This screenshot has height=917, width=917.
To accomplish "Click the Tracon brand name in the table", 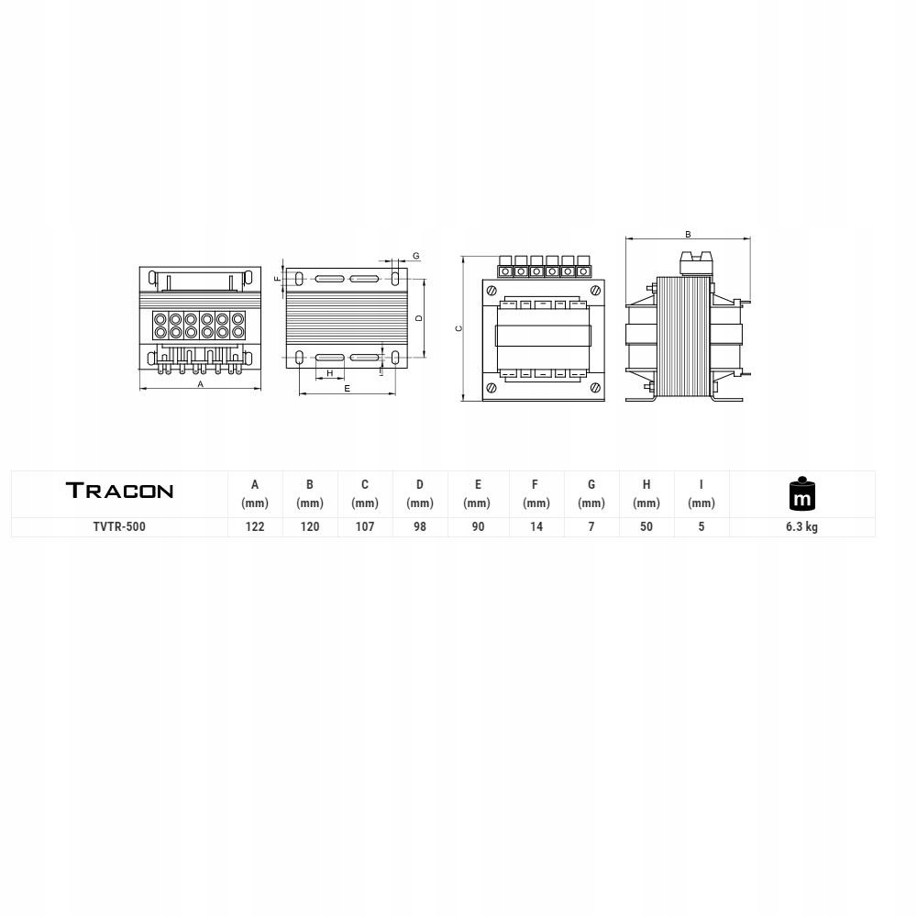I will [119, 491].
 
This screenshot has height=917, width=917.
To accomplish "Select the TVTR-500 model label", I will [119, 527].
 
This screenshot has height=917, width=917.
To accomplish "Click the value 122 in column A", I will [255, 527].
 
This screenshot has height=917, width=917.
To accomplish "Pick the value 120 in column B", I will [310, 527].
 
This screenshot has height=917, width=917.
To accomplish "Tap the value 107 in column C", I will [365, 527].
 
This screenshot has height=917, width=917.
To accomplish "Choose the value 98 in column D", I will [420, 527].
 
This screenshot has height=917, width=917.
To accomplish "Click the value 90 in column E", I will [478, 527].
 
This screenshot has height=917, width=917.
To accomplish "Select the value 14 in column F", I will [536, 527].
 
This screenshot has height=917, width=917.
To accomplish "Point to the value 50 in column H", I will [646, 527].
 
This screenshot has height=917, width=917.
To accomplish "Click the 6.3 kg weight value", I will [801, 527].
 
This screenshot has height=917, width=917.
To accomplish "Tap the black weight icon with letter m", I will [801, 494].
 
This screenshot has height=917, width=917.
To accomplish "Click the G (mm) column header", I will [591, 493].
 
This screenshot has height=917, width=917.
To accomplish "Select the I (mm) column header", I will [702, 493].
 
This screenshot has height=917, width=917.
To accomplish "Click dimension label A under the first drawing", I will [201, 384].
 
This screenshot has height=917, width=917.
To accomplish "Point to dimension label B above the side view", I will [688, 235].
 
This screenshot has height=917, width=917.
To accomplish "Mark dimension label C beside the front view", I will [458, 328].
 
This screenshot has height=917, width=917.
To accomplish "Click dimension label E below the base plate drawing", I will [347, 390].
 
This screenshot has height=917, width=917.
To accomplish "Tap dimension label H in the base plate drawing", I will [329, 373].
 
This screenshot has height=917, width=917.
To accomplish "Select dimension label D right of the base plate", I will [418, 318].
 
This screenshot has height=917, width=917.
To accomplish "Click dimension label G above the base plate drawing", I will [415, 255].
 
